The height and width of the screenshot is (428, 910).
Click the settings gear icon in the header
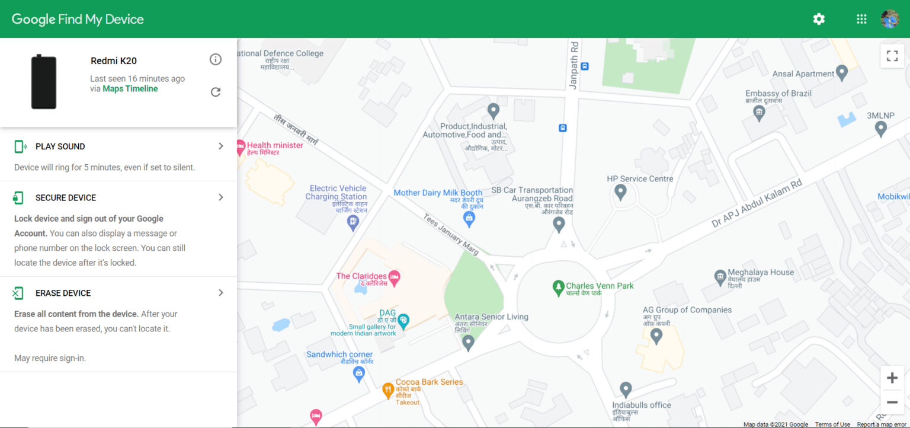(819, 19)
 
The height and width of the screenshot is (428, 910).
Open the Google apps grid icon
(861, 19)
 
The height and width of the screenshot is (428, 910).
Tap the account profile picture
(890, 19)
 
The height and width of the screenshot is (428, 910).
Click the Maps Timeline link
(130, 89)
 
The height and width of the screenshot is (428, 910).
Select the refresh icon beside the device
(216, 92)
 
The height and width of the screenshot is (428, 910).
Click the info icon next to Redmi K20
(216, 59)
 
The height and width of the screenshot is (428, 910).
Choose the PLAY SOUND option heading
(60, 146)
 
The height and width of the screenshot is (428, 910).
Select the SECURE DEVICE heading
(66, 197)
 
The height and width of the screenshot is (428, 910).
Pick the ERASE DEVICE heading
(63, 293)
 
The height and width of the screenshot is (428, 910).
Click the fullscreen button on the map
(892, 56)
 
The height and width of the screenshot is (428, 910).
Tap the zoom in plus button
(892, 378)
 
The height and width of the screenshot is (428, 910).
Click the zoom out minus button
(892, 403)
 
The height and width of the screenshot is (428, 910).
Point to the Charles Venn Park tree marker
(557, 288)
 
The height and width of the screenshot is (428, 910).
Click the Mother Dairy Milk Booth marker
(469, 219)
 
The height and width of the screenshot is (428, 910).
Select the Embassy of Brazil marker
(759, 113)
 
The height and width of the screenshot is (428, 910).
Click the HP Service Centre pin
(620, 191)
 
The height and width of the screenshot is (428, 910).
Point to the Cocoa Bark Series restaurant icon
(388, 389)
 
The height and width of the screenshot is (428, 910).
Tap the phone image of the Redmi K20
(44, 82)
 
